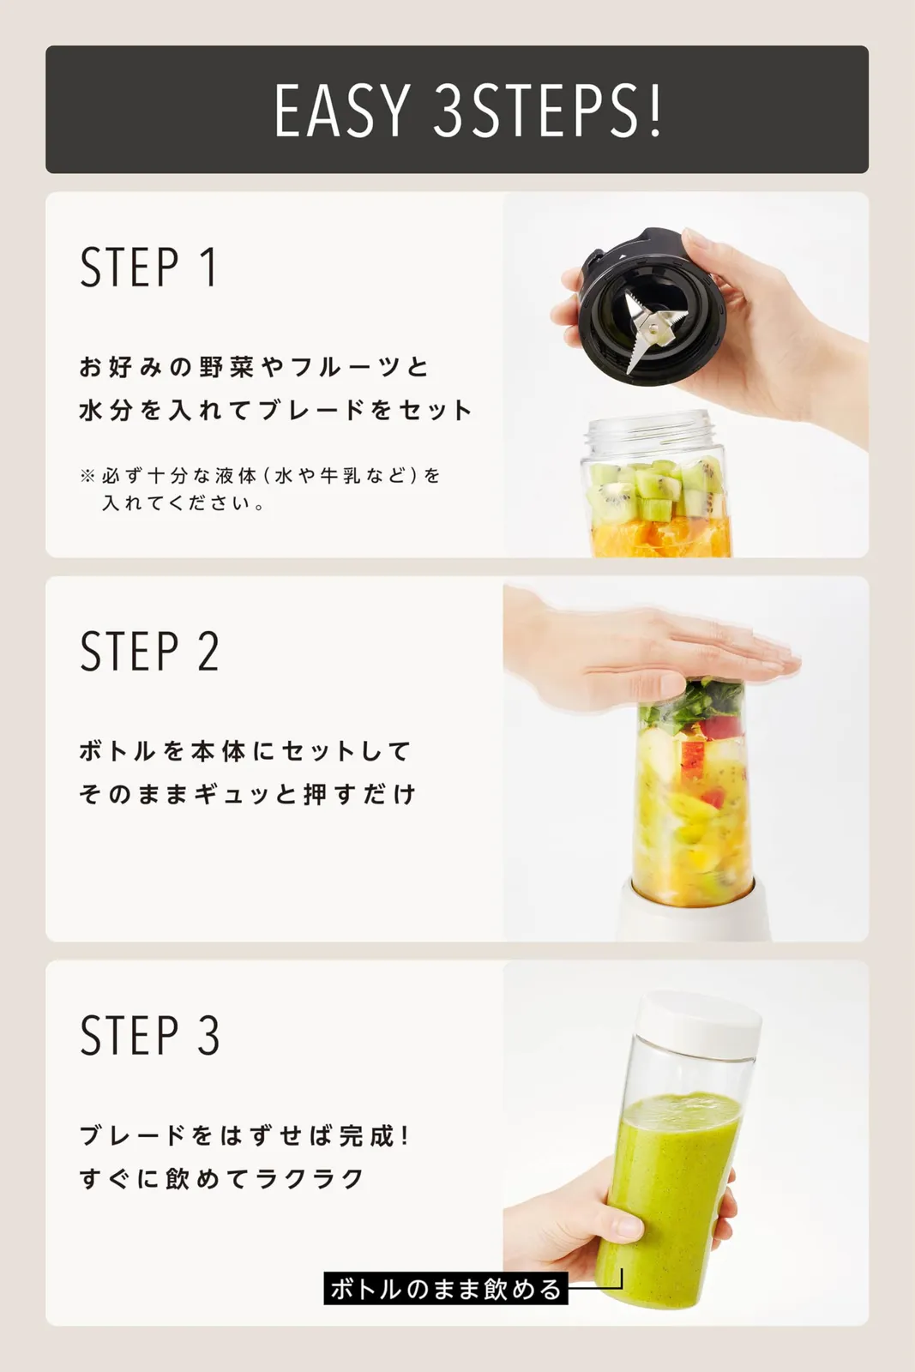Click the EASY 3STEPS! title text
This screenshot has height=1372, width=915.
(467, 111)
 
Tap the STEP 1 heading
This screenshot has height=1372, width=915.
(149, 267)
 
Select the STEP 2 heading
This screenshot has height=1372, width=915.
(149, 651)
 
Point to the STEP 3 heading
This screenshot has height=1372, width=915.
(149, 1035)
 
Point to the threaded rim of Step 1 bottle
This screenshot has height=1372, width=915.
(649, 428)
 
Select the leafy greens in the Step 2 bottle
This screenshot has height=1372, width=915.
(691, 704)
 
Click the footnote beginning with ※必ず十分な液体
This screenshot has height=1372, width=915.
(261, 489)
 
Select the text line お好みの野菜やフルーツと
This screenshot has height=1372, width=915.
(254, 367)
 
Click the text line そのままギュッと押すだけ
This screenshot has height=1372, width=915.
(248, 794)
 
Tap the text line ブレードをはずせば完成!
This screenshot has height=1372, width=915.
(244, 1135)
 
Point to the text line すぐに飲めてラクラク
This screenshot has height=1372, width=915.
(222, 1178)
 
